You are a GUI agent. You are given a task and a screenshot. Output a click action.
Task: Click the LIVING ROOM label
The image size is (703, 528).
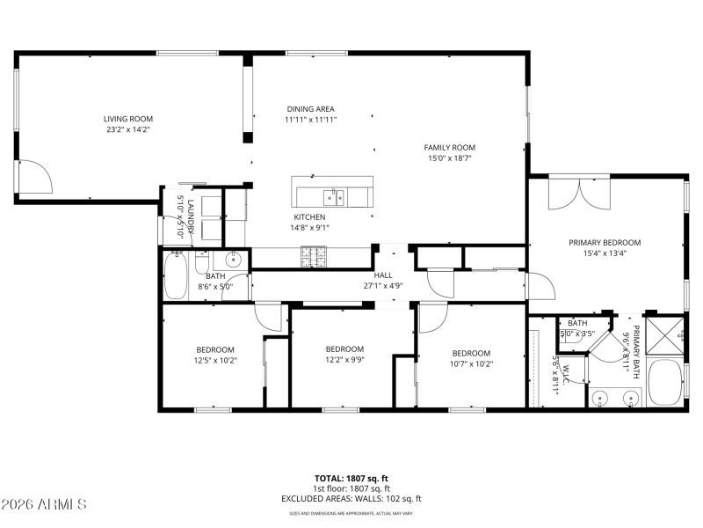[128, 119]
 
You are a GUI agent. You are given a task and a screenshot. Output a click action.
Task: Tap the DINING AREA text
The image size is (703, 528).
[310, 109]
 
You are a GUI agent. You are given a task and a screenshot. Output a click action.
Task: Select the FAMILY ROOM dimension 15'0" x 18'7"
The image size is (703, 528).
[449, 158]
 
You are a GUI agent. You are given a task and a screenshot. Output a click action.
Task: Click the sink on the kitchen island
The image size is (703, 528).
[332, 194]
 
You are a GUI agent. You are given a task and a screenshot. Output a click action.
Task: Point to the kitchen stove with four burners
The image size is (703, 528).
[313, 256]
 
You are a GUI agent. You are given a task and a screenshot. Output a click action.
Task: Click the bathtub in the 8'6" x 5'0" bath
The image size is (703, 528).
[176, 276]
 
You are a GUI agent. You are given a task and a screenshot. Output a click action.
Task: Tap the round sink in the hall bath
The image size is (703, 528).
[234, 260]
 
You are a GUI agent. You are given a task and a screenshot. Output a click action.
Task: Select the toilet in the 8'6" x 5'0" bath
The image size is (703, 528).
[202, 264]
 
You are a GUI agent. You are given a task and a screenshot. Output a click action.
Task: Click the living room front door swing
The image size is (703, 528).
[34, 178]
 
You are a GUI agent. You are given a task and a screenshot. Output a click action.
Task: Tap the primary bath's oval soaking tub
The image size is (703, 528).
[665, 383]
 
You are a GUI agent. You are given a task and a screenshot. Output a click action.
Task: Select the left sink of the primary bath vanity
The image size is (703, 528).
[601, 398]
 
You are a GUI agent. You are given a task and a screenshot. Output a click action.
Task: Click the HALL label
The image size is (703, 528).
[383, 274]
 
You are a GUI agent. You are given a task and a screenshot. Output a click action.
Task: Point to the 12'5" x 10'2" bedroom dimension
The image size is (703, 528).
[215, 360]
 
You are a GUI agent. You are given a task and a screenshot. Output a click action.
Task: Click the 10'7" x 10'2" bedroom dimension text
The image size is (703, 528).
[471, 363]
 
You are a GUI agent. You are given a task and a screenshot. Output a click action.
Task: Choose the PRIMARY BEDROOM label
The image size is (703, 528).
[604, 242]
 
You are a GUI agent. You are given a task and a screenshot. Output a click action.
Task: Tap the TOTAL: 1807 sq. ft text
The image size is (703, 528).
[351, 478]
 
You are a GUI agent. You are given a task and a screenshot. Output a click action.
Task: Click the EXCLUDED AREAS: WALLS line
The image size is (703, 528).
[351, 498]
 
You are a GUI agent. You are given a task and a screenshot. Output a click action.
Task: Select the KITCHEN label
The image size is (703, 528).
[309, 216]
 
